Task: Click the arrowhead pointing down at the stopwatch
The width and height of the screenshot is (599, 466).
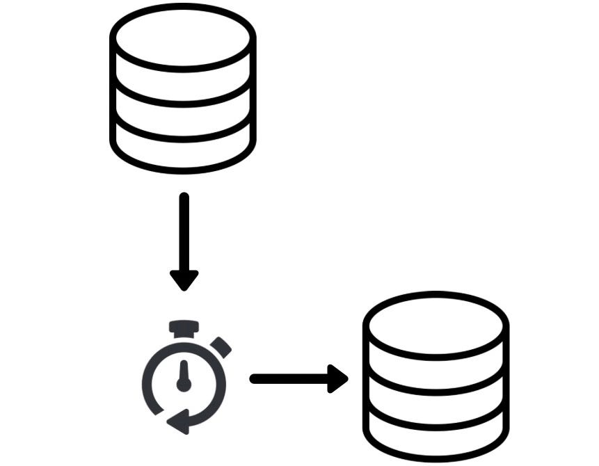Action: tap(184, 280)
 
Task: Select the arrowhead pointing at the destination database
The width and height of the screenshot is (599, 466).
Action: tap(338, 378)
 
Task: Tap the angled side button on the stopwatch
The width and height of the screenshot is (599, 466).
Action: tap(221, 346)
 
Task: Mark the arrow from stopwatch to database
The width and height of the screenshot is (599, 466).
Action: tap(299, 378)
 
